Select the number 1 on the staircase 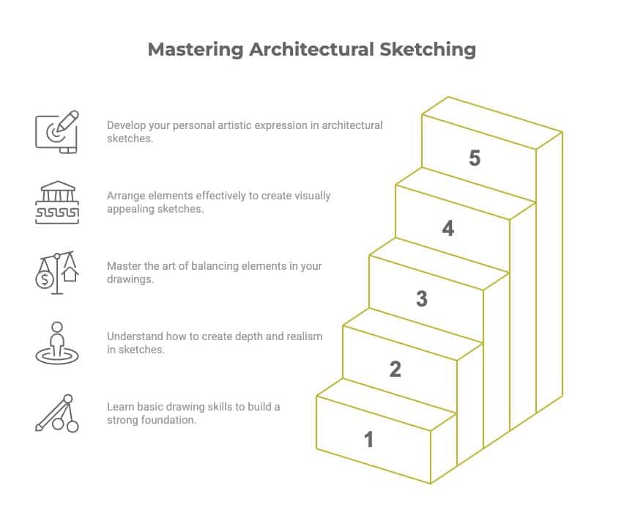[x=369, y=439]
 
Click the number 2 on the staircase [x=395, y=369]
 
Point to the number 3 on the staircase [x=422, y=298]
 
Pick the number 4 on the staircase [x=448, y=228]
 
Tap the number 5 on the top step [x=475, y=158]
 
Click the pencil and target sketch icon [x=57, y=132]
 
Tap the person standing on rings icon [x=57, y=343]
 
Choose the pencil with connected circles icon [x=57, y=413]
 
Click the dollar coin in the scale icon [x=45, y=279]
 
